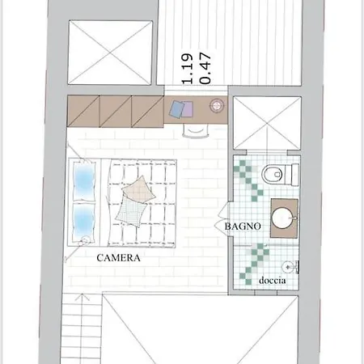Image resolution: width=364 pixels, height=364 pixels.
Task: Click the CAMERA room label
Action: tap(119, 258)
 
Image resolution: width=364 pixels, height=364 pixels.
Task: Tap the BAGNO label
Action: tap(243, 226)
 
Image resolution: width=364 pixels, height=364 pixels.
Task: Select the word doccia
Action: tap(273, 281)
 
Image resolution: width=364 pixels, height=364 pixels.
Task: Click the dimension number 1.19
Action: tap(188, 69)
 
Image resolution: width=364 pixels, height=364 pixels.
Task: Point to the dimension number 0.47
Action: tap(205, 69)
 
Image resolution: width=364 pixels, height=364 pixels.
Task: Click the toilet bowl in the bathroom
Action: tap(273, 174)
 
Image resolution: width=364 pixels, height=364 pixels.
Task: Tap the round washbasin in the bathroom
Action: tap(283, 218)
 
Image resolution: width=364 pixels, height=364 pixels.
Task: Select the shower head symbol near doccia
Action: tap(288, 267)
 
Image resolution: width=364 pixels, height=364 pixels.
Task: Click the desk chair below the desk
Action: tap(196, 131)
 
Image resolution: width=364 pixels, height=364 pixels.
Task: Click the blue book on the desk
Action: tap(176, 109)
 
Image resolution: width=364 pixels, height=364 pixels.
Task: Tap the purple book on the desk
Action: tap(188, 109)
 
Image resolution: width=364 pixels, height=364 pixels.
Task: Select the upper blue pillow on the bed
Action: tap(84, 181)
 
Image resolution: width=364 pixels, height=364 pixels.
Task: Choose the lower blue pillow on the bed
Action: tap(84, 221)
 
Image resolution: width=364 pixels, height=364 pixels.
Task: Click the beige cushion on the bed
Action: tap(138, 189)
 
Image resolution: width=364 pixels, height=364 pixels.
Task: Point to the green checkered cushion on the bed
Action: tap(131, 213)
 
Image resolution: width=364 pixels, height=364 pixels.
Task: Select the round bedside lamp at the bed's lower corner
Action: tap(86, 239)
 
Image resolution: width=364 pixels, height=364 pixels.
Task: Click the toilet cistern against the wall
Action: tap(294, 175)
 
